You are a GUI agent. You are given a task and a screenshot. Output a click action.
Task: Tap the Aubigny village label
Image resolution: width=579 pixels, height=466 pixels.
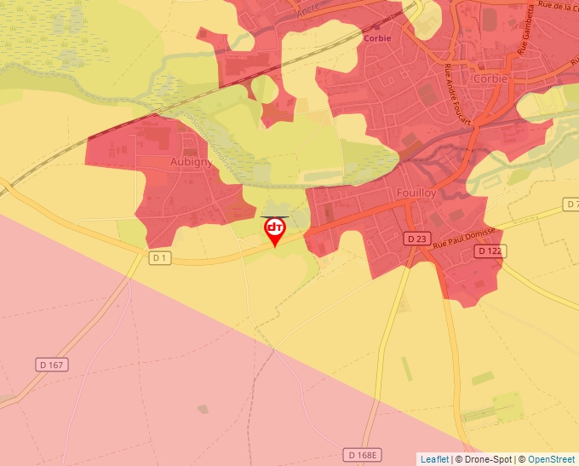point(191,161)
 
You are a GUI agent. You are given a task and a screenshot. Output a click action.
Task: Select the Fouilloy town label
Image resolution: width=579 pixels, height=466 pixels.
point(416,193)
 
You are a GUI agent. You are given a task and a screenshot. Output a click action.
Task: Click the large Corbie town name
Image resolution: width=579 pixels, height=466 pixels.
point(491,78)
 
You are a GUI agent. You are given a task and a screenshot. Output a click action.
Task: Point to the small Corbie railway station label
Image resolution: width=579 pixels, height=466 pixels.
point(378,38)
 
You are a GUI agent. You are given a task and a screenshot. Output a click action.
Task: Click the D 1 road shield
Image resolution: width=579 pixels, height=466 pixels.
point(159,256)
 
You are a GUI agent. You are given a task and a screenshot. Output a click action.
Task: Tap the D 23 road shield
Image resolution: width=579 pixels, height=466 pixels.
point(416,239)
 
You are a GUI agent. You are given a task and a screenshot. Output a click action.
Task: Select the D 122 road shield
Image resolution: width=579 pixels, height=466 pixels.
point(489,250)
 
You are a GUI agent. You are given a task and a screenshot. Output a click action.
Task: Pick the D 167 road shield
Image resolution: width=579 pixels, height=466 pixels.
point(52,365)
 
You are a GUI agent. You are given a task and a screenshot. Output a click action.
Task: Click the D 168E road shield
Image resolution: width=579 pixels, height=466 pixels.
point(362,454)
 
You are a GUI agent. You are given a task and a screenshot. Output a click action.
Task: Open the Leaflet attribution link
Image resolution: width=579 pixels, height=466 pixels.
point(434,459)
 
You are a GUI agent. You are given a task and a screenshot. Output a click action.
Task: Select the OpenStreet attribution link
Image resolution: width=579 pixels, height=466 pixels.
point(553,459)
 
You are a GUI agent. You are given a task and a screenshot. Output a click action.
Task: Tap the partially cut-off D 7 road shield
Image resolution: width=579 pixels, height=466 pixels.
point(571,205)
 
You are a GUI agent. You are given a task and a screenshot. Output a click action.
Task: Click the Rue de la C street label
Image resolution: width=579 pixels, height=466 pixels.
point(559,7)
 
